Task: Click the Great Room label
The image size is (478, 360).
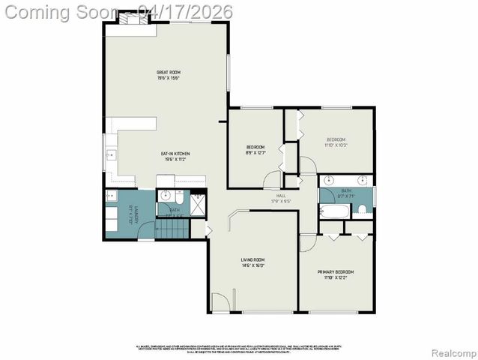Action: (169, 73)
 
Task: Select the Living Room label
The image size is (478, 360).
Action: (252, 260)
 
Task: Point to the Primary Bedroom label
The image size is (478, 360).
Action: (336, 271)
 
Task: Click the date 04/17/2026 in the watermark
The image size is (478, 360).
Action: (186, 11)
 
